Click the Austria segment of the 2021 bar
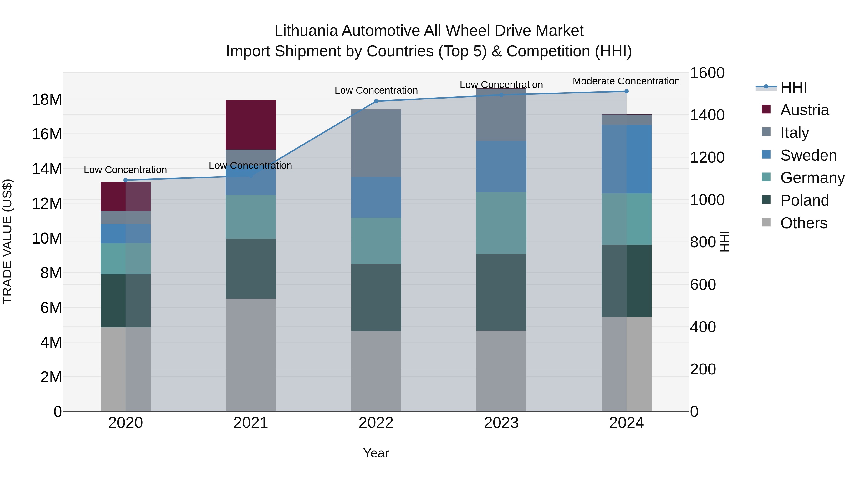click(x=250, y=125)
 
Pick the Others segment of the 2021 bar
click(x=250, y=355)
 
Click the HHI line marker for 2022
click(x=376, y=101)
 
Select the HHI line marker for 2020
click(x=126, y=180)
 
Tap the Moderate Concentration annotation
click(x=626, y=81)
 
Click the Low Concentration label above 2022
click(x=376, y=90)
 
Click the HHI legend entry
click(x=793, y=87)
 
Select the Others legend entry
click(x=803, y=223)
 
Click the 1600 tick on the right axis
click(x=707, y=73)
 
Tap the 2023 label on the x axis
click(x=501, y=423)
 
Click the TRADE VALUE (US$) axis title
click(x=7, y=241)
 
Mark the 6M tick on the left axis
click(x=51, y=308)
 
